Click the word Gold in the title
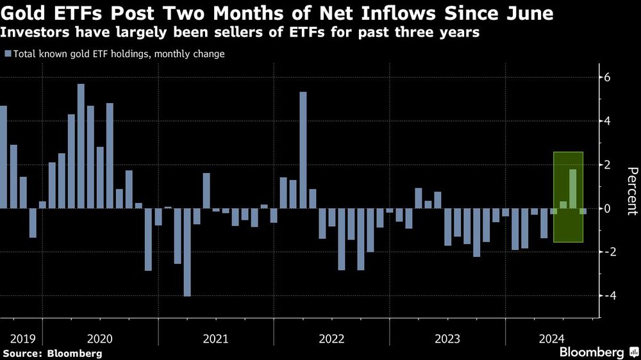point(25,13)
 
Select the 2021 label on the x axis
point(215,338)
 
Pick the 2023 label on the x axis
point(447,338)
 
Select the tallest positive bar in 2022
point(303,150)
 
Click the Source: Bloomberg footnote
point(52,353)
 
